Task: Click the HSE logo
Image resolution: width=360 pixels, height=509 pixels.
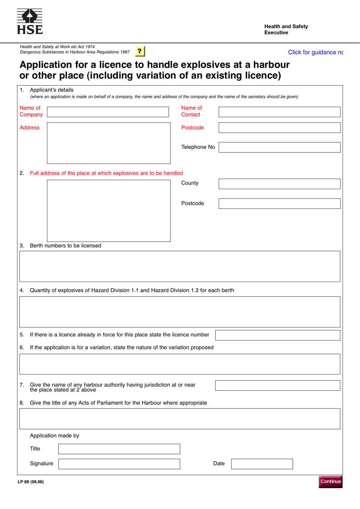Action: tap(30, 22)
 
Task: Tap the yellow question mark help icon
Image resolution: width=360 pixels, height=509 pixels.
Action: tap(139, 51)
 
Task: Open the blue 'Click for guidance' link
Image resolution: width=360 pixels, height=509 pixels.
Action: tap(315, 52)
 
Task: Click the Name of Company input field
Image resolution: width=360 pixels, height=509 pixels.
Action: tap(108, 112)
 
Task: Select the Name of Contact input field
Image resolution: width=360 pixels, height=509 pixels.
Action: tap(279, 112)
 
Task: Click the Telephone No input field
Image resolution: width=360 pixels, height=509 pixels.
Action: tap(279, 147)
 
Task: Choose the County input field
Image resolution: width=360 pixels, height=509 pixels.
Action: tap(279, 184)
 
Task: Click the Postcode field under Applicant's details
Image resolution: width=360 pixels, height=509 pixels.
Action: tap(279, 128)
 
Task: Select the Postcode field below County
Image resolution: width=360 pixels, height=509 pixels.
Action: tap(279, 204)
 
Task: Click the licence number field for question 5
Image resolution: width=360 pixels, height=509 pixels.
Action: tap(277, 335)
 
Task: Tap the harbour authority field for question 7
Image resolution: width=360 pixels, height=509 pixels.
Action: tap(277, 385)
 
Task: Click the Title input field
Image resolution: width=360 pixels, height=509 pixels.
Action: tap(119, 449)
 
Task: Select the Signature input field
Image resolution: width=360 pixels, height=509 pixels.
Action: tap(119, 464)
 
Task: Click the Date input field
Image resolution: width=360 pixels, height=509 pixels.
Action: tap(262, 464)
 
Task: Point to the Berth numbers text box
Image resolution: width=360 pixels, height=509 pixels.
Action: tap(180, 266)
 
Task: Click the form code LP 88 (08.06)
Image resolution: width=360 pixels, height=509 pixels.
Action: tap(31, 482)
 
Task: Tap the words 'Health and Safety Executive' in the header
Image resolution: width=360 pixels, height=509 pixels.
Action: tap(286, 29)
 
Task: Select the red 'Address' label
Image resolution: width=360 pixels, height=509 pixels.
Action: tap(30, 128)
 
